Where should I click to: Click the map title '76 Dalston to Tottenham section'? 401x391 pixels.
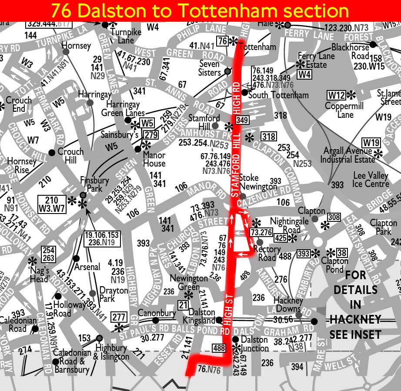tap(200, 10)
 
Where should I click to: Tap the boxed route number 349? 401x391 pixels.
tap(242, 120)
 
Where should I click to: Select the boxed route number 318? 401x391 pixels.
tap(268, 137)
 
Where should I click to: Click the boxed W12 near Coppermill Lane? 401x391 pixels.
tap(336, 95)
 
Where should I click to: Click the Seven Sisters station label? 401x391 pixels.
tap(210, 68)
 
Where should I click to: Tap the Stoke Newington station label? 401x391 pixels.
tap(249, 182)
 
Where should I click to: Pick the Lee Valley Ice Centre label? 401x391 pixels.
tap(371, 180)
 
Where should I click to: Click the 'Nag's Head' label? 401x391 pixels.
tap(40, 274)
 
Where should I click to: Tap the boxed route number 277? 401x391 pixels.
tap(119, 317)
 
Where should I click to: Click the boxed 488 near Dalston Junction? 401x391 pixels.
tap(218, 348)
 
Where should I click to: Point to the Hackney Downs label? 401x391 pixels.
tap(288, 304)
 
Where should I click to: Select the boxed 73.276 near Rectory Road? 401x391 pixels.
tap(261, 232)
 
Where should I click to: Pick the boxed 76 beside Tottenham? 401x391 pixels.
tap(222, 41)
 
